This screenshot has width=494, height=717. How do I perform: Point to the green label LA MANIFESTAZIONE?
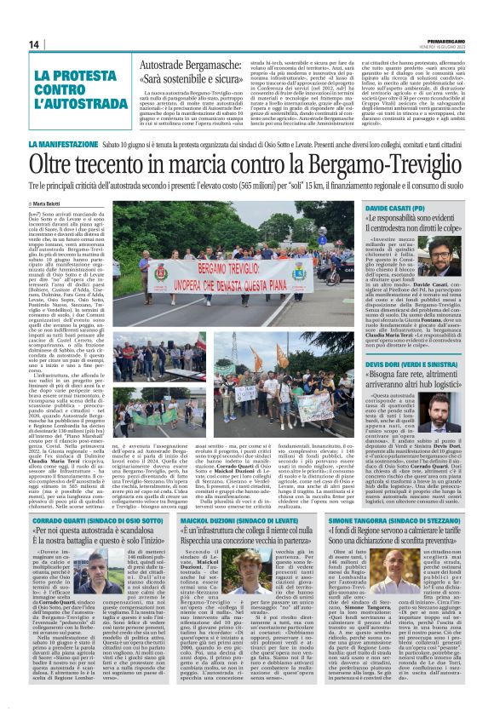tap(59, 146)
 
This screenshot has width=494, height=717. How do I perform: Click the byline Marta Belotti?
tap(49, 204)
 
